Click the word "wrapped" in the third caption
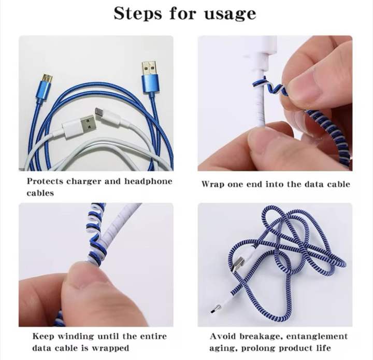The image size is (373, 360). point(112,348)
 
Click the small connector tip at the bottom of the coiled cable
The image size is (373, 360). point(213,311)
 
